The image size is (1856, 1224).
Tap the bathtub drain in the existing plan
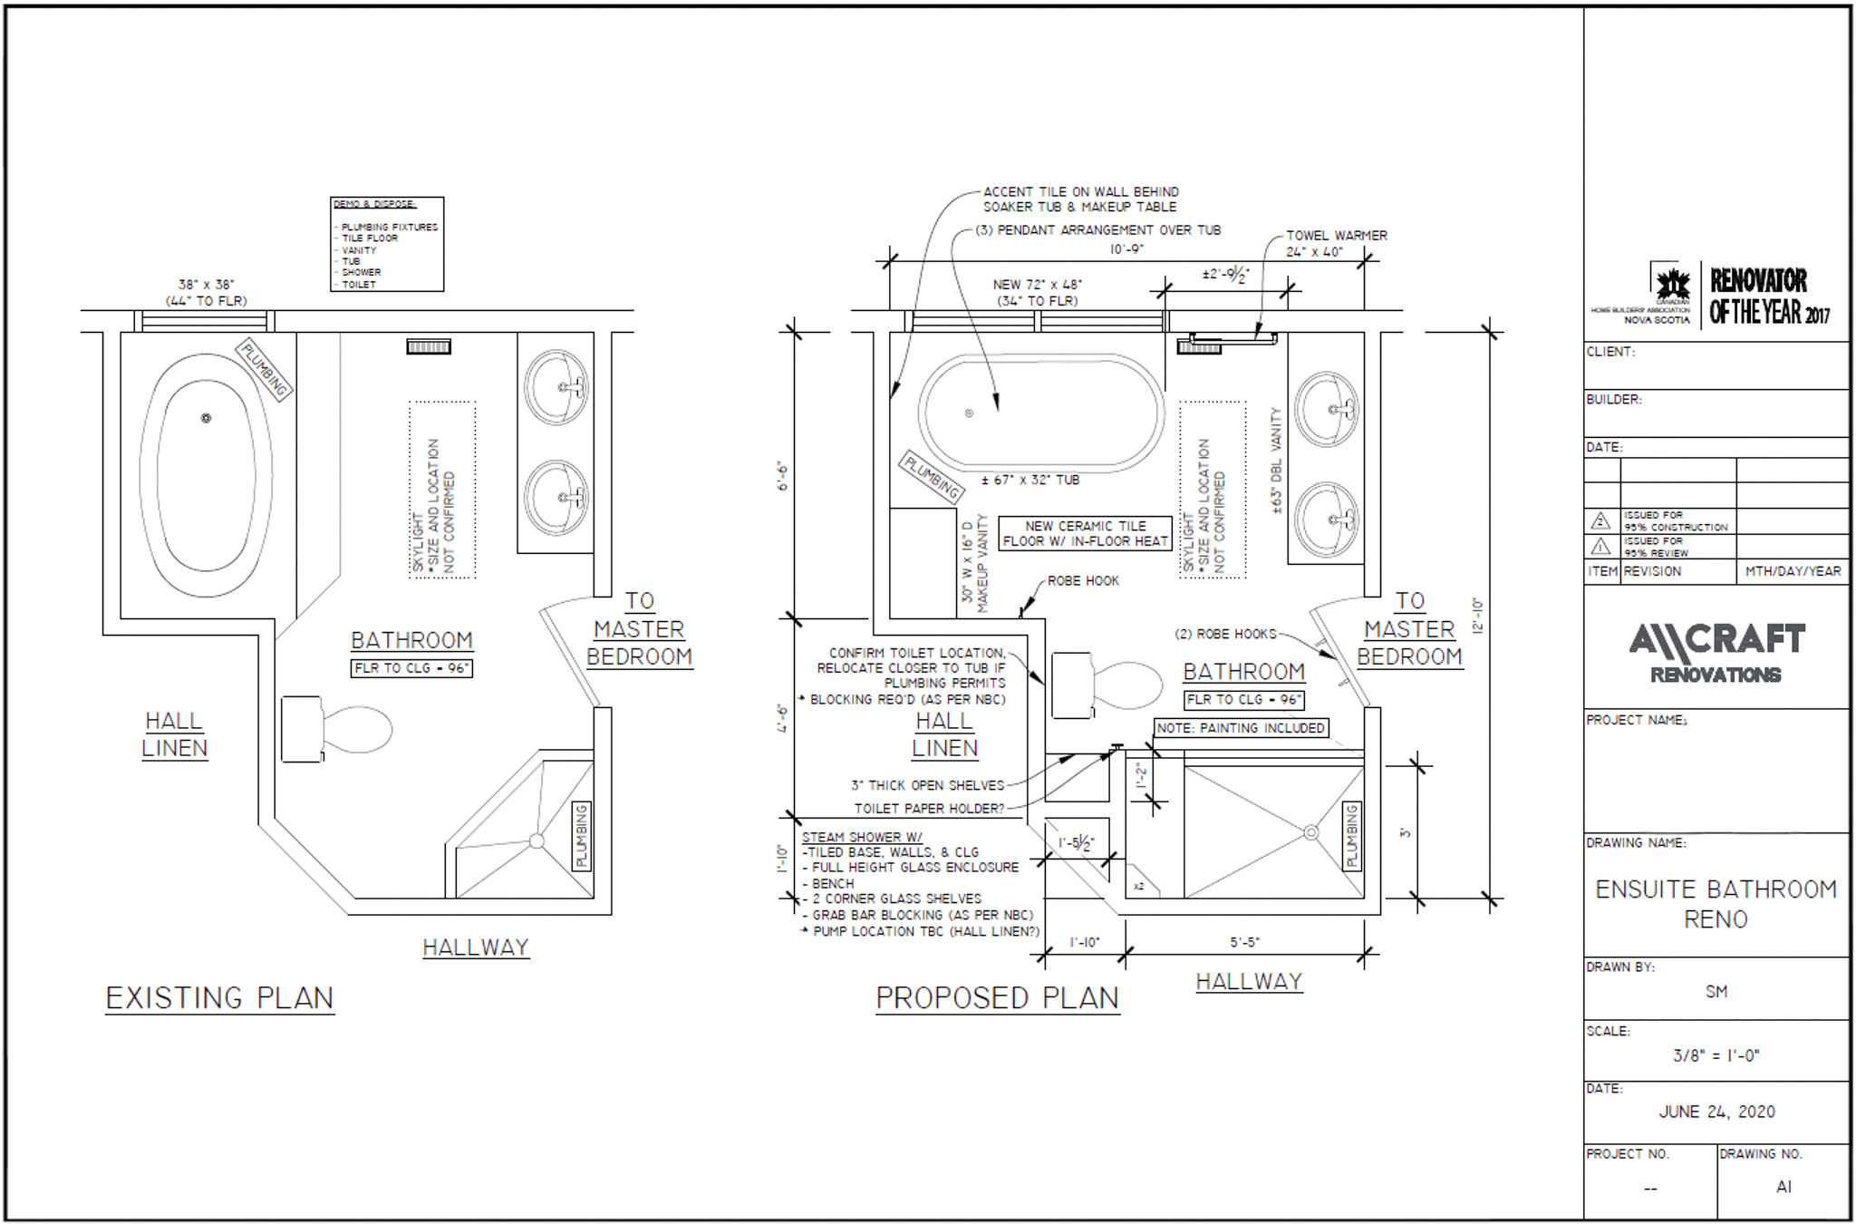point(207,418)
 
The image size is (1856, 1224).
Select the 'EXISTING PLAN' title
point(219,998)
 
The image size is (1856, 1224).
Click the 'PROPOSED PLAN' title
point(997,998)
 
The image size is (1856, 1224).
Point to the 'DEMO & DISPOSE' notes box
point(387,244)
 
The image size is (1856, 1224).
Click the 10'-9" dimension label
point(1126,249)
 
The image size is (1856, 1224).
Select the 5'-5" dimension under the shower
point(1245,942)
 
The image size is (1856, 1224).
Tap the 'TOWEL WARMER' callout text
point(1337,236)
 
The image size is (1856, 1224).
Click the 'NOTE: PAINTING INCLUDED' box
point(1241,727)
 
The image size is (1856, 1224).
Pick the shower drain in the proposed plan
point(1310,831)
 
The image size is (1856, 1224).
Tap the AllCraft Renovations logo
point(1716,652)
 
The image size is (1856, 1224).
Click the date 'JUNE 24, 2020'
point(1716,1112)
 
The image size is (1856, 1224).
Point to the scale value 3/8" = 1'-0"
point(1716,1055)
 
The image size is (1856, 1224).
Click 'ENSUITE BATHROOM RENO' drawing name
point(1716,903)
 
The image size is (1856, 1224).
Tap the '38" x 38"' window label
point(207,285)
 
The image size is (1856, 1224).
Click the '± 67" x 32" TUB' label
point(1031,480)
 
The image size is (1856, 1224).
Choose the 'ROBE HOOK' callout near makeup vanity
point(1083,580)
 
